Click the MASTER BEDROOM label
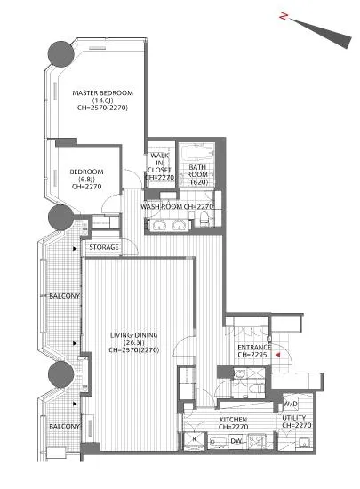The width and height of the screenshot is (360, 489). pyautogui.click(x=102, y=93)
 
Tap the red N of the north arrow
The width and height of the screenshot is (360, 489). pyautogui.click(x=284, y=16)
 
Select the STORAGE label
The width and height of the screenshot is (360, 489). pyautogui.click(x=104, y=247)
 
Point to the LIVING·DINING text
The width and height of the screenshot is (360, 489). pyautogui.click(x=134, y=335)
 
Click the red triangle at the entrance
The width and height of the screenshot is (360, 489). pyautogui.click(x=278, y=355)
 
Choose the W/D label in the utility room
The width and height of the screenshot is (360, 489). pyautogui.click(x=291, y=404)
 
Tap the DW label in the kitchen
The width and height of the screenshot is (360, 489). pyautogui.click(x=236, y=441)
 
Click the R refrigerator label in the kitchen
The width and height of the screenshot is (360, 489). pyautogui.click(x=194, y=439)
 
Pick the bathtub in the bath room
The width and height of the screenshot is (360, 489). pyautogui.click(x=197, y=153)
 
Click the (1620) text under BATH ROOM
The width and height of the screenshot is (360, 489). pyautogui.click(x=197, y=181)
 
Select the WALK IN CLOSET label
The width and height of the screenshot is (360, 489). pyautogui.click(x=159, y=163)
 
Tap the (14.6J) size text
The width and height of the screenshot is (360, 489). pyautogui.click(x=102, y=100)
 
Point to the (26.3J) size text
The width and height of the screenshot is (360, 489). pyautogui.click(x=134, y=342)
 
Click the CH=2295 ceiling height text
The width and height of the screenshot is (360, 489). pyautogui.click(x=252, y=355)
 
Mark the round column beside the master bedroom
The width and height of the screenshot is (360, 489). pyautogui.click(x=61, y=54)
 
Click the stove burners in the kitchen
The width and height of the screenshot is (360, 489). pyautogui.click(x=257, y=441)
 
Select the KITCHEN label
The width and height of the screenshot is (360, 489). pyautogui.click(x=234, y=420)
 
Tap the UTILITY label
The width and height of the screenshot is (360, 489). pyautogui.click(x=294, y=418)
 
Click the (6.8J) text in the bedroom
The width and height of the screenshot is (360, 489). pyautogui.click(x=86, y=179)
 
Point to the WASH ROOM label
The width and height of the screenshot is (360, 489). pyautogui.click(x=162, y=207)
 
